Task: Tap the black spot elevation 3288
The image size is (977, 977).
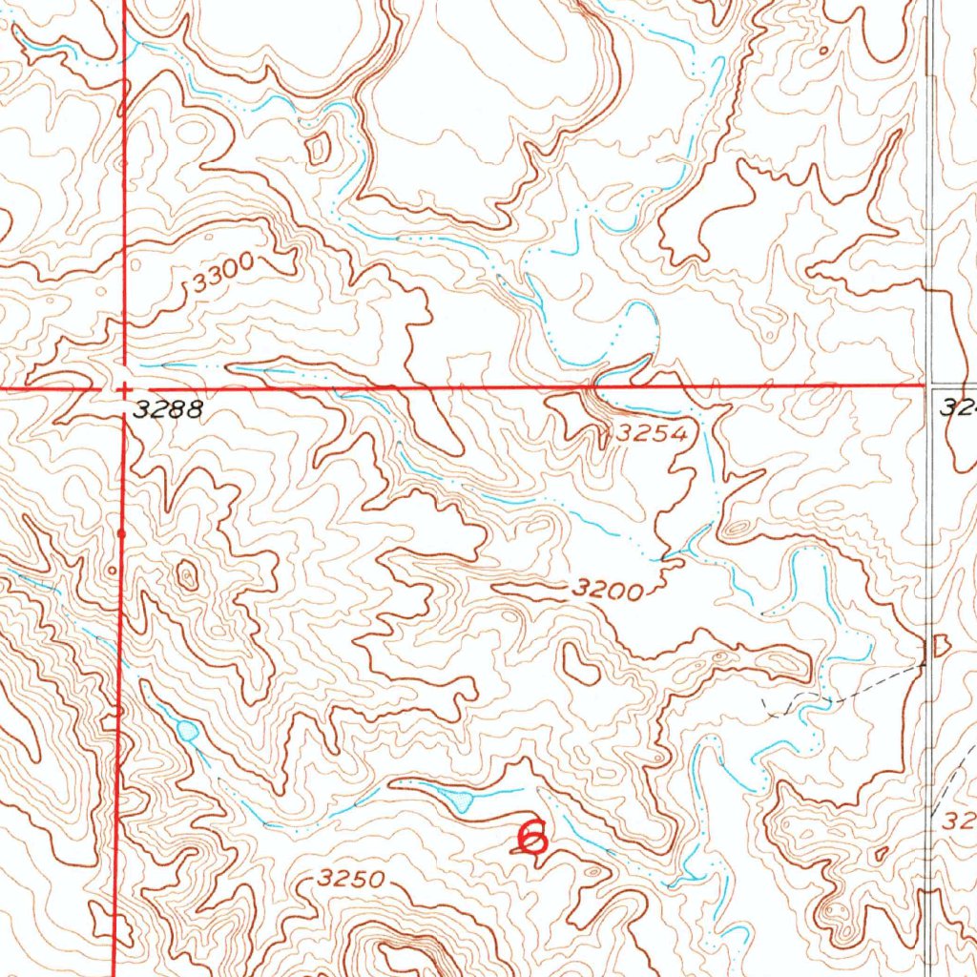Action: (168, 410)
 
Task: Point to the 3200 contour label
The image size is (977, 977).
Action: (607, 591)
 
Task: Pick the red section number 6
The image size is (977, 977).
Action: (531, 837)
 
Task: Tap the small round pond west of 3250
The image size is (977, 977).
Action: (187, 732)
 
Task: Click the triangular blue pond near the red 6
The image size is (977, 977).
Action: (461, 800)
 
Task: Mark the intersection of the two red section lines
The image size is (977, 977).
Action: (123, 388)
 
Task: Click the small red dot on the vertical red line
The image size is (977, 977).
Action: (121, 534)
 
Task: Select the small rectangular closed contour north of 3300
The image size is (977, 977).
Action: (317, 147)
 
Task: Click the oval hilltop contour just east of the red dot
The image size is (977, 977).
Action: (188, 574)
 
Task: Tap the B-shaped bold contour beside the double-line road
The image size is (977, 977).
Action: (940, 647)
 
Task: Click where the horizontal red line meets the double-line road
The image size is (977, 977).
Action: (930, 386)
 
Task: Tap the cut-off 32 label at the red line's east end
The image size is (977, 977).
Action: (958, 408)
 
